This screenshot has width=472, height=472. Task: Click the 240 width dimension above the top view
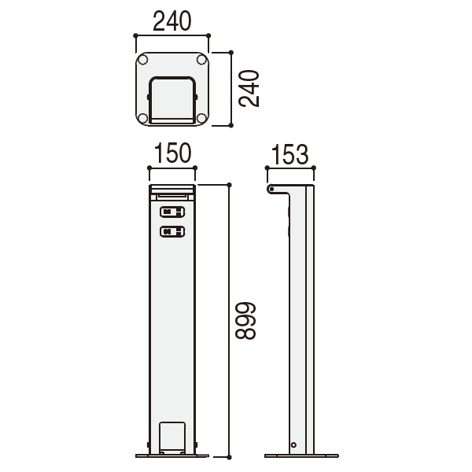point(171,21)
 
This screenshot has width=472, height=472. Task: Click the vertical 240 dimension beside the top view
point(249,88)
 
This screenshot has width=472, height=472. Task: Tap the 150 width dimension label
point(172,153)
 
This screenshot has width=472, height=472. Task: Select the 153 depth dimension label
point(289,154)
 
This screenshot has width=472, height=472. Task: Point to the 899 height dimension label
point(245,321)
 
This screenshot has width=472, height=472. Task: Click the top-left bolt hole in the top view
point(142,60)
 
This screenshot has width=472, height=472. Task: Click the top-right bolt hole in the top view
point(201,60)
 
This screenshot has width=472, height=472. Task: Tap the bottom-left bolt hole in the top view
point(142,118)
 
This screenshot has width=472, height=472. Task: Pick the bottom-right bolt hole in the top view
point(201,118)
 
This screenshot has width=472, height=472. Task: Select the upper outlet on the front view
point(172,212)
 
